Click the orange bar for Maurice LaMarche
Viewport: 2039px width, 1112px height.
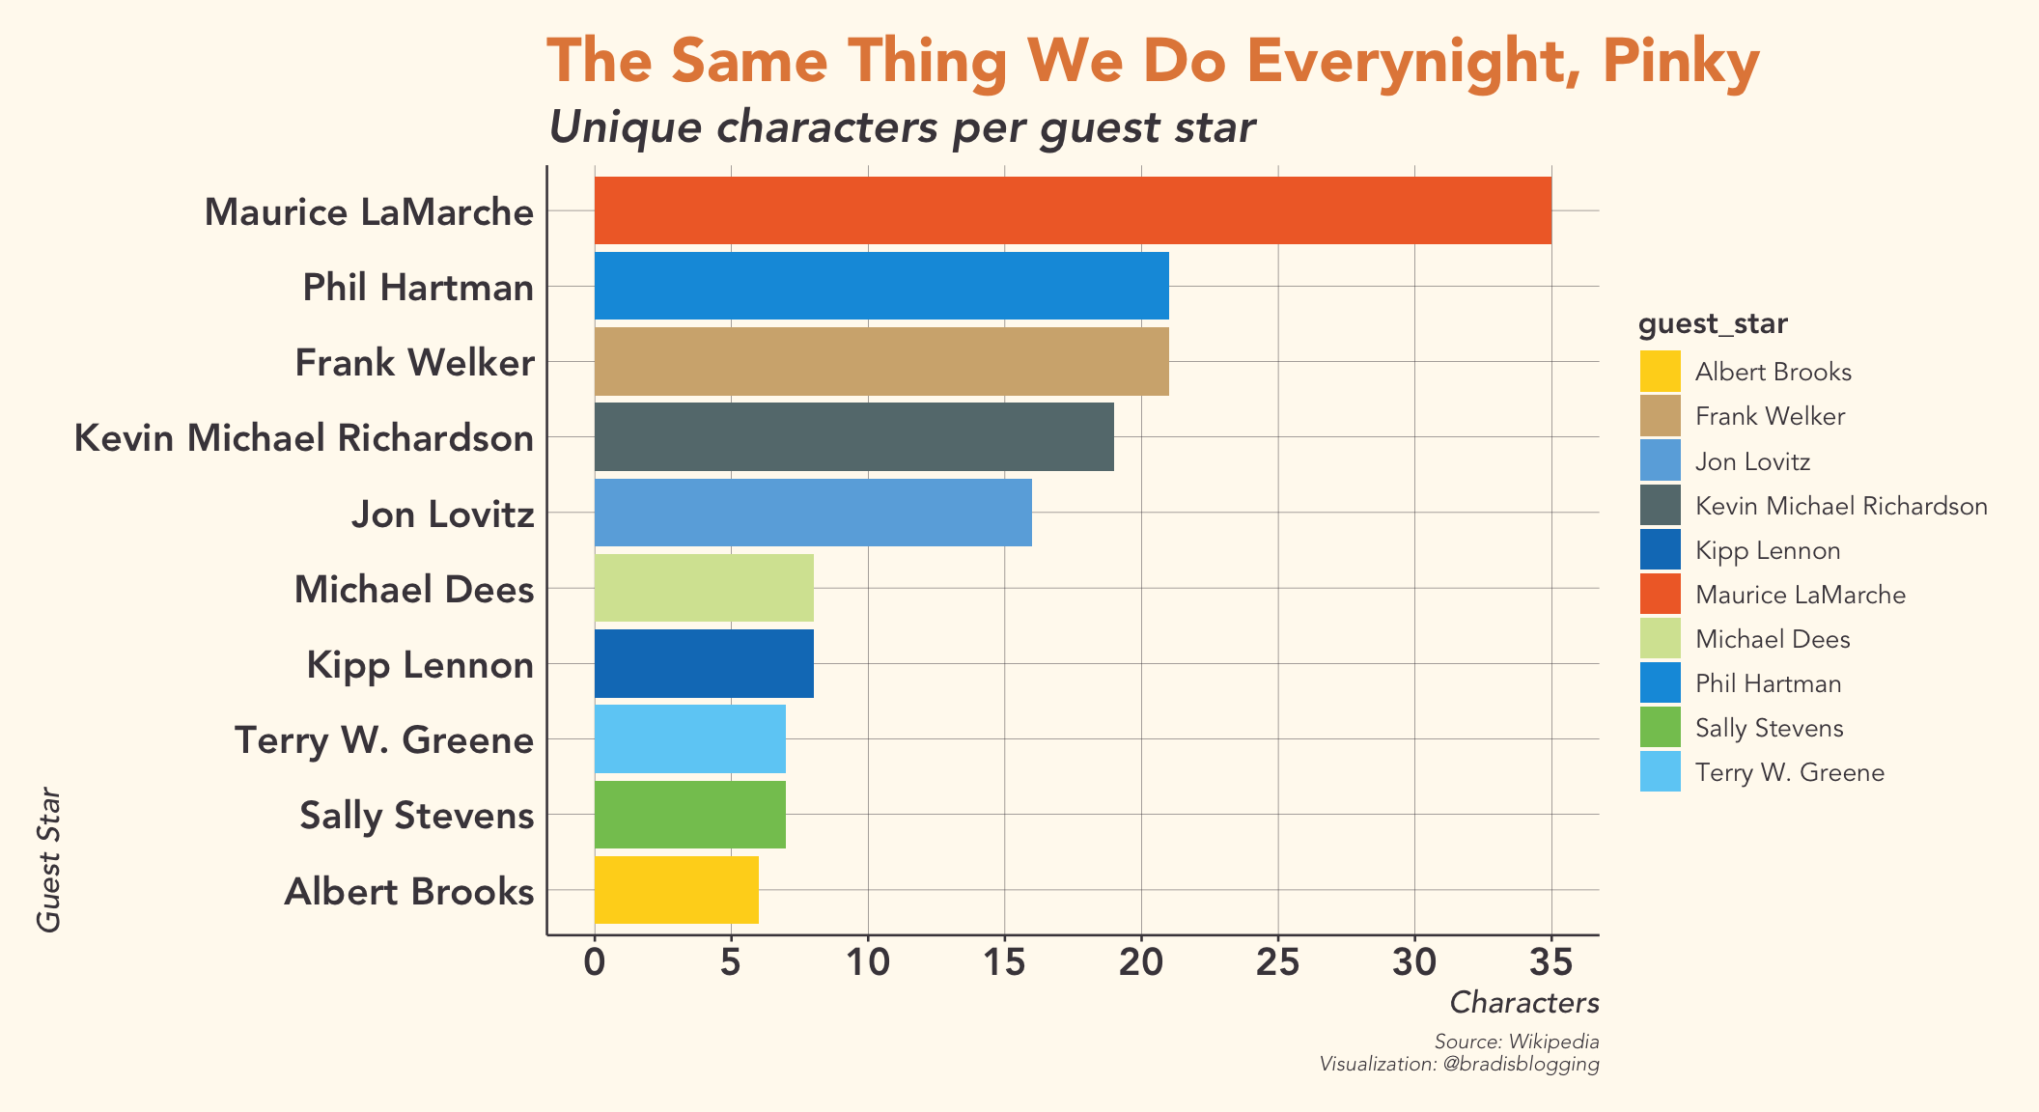[x=1072, y=210]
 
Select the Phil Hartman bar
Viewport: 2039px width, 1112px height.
[x=880, y=286]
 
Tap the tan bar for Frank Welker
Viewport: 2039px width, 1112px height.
[x=880, y=361]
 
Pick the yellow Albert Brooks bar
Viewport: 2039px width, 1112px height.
[x=676, y=890]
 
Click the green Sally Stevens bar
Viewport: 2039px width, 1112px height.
[x=689, y=815]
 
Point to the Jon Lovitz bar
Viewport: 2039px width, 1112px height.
[x=812, y=513]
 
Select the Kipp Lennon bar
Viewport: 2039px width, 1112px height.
[x=703, y=663]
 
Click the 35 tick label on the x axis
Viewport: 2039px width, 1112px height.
[x=1550, y=963]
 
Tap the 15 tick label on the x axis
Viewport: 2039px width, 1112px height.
[x=1004, y=963]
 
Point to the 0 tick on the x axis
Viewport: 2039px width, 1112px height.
[x=595, y=963]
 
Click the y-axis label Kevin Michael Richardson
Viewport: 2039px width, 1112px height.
[x=304, y=438]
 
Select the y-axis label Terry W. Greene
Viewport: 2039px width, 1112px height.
[x=384, y=740]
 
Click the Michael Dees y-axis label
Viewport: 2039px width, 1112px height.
[x=413, y=589]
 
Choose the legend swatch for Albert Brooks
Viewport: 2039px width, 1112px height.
[x=1660, y=372]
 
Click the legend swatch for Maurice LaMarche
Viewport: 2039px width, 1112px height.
[x=1660, y=595]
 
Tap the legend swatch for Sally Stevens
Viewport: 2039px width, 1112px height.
[x=1660, y=728]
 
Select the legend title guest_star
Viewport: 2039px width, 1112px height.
[x=1713, y=325]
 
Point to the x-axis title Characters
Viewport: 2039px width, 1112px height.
[x=1524, y=1003]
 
